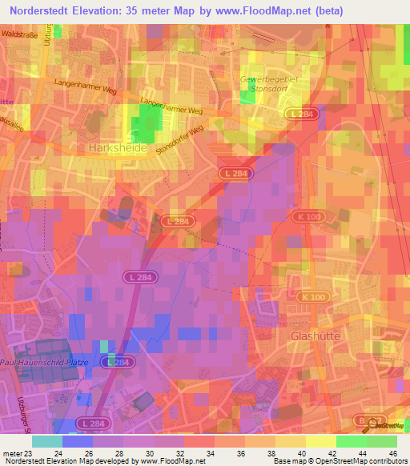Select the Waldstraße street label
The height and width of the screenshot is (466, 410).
click(x=21, y=36)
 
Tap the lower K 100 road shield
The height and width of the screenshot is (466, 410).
click(x=314, y=297)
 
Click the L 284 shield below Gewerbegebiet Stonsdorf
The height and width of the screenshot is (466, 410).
click(x=303, y=115)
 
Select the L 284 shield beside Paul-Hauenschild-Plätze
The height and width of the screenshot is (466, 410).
click(x=117, y=363)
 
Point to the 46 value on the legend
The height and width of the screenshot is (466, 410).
click(x=392, y=452)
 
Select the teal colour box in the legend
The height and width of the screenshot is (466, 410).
click(x=47, y=441)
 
